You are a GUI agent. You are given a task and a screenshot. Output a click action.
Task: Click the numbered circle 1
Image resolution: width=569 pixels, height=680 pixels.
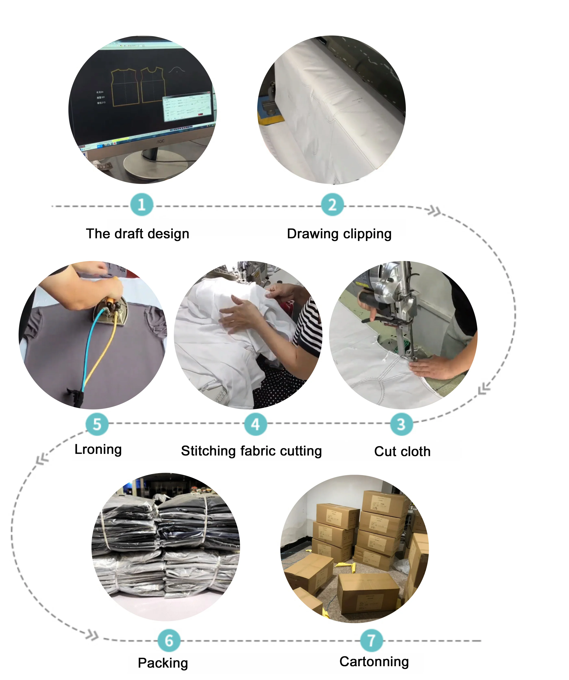coord(142,205)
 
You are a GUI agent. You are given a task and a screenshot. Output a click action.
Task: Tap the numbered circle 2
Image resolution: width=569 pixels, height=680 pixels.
coord(332,205)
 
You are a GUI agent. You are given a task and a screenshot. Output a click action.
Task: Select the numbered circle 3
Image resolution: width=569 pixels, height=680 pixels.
coord(401,424)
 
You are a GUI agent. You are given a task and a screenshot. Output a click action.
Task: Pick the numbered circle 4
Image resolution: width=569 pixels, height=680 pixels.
coord(255,424)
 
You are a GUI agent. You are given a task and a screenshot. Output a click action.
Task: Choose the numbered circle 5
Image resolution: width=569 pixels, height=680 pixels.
coord(97,424)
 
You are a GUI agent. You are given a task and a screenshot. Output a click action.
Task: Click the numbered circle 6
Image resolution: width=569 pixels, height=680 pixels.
coord(169,640)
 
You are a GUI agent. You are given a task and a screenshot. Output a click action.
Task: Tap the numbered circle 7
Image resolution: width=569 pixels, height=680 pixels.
coord(371,640)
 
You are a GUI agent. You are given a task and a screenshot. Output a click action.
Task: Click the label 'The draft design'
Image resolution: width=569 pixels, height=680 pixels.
coord(137,234)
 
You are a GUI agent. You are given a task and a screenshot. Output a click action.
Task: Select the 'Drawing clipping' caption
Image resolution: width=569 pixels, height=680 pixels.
coord(339,234)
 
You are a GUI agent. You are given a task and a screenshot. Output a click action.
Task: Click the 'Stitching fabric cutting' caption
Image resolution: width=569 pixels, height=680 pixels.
coord(251,451)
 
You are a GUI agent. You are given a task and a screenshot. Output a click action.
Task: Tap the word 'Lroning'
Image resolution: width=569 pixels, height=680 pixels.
coord(98,449)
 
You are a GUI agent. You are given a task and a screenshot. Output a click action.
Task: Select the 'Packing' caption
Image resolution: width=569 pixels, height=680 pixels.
coord(163,663)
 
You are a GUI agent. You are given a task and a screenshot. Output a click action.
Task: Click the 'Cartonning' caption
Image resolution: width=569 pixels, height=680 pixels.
coord(374,662)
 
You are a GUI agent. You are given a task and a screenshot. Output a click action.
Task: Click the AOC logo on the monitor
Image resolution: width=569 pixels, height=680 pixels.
coord(161,141)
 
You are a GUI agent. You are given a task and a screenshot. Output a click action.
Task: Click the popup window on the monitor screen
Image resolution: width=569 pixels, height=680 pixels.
coord(187,108)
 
